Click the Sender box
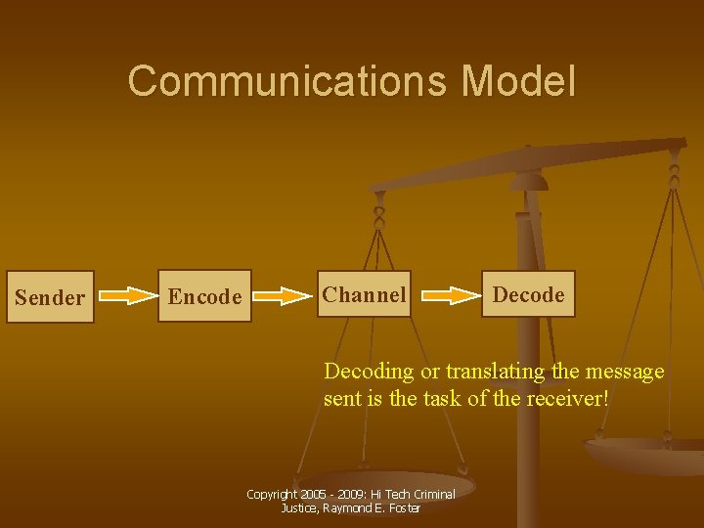(50, 297)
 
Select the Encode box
(204, 296)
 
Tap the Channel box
(364, 294)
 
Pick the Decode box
(528, 294)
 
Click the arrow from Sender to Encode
(127, 296)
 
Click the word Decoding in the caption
(369, 373)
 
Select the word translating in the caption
(493, 372)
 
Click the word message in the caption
(625, 372)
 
